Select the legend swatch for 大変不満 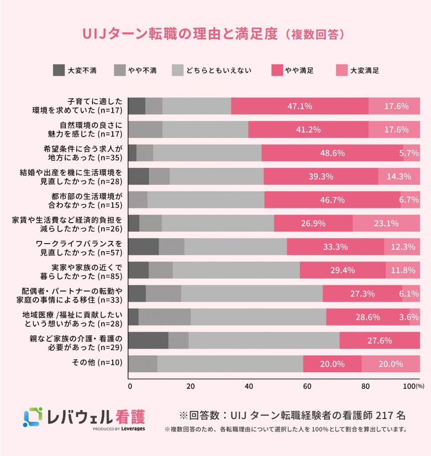pyautogui.click(x=59, y=70)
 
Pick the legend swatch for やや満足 pyautogui.click(x=278, y=70)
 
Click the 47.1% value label pyautogui.click(x=300, y=106)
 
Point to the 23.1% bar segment pyautogui.click(x=386, y=223)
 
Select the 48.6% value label pyautogui.click(x=332, y=153)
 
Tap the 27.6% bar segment pyautogui.click(x=379, y=341)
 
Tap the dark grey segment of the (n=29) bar pyautogui.click(x=148, y=341)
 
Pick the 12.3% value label pyautogui.click(x=402, y=247)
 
